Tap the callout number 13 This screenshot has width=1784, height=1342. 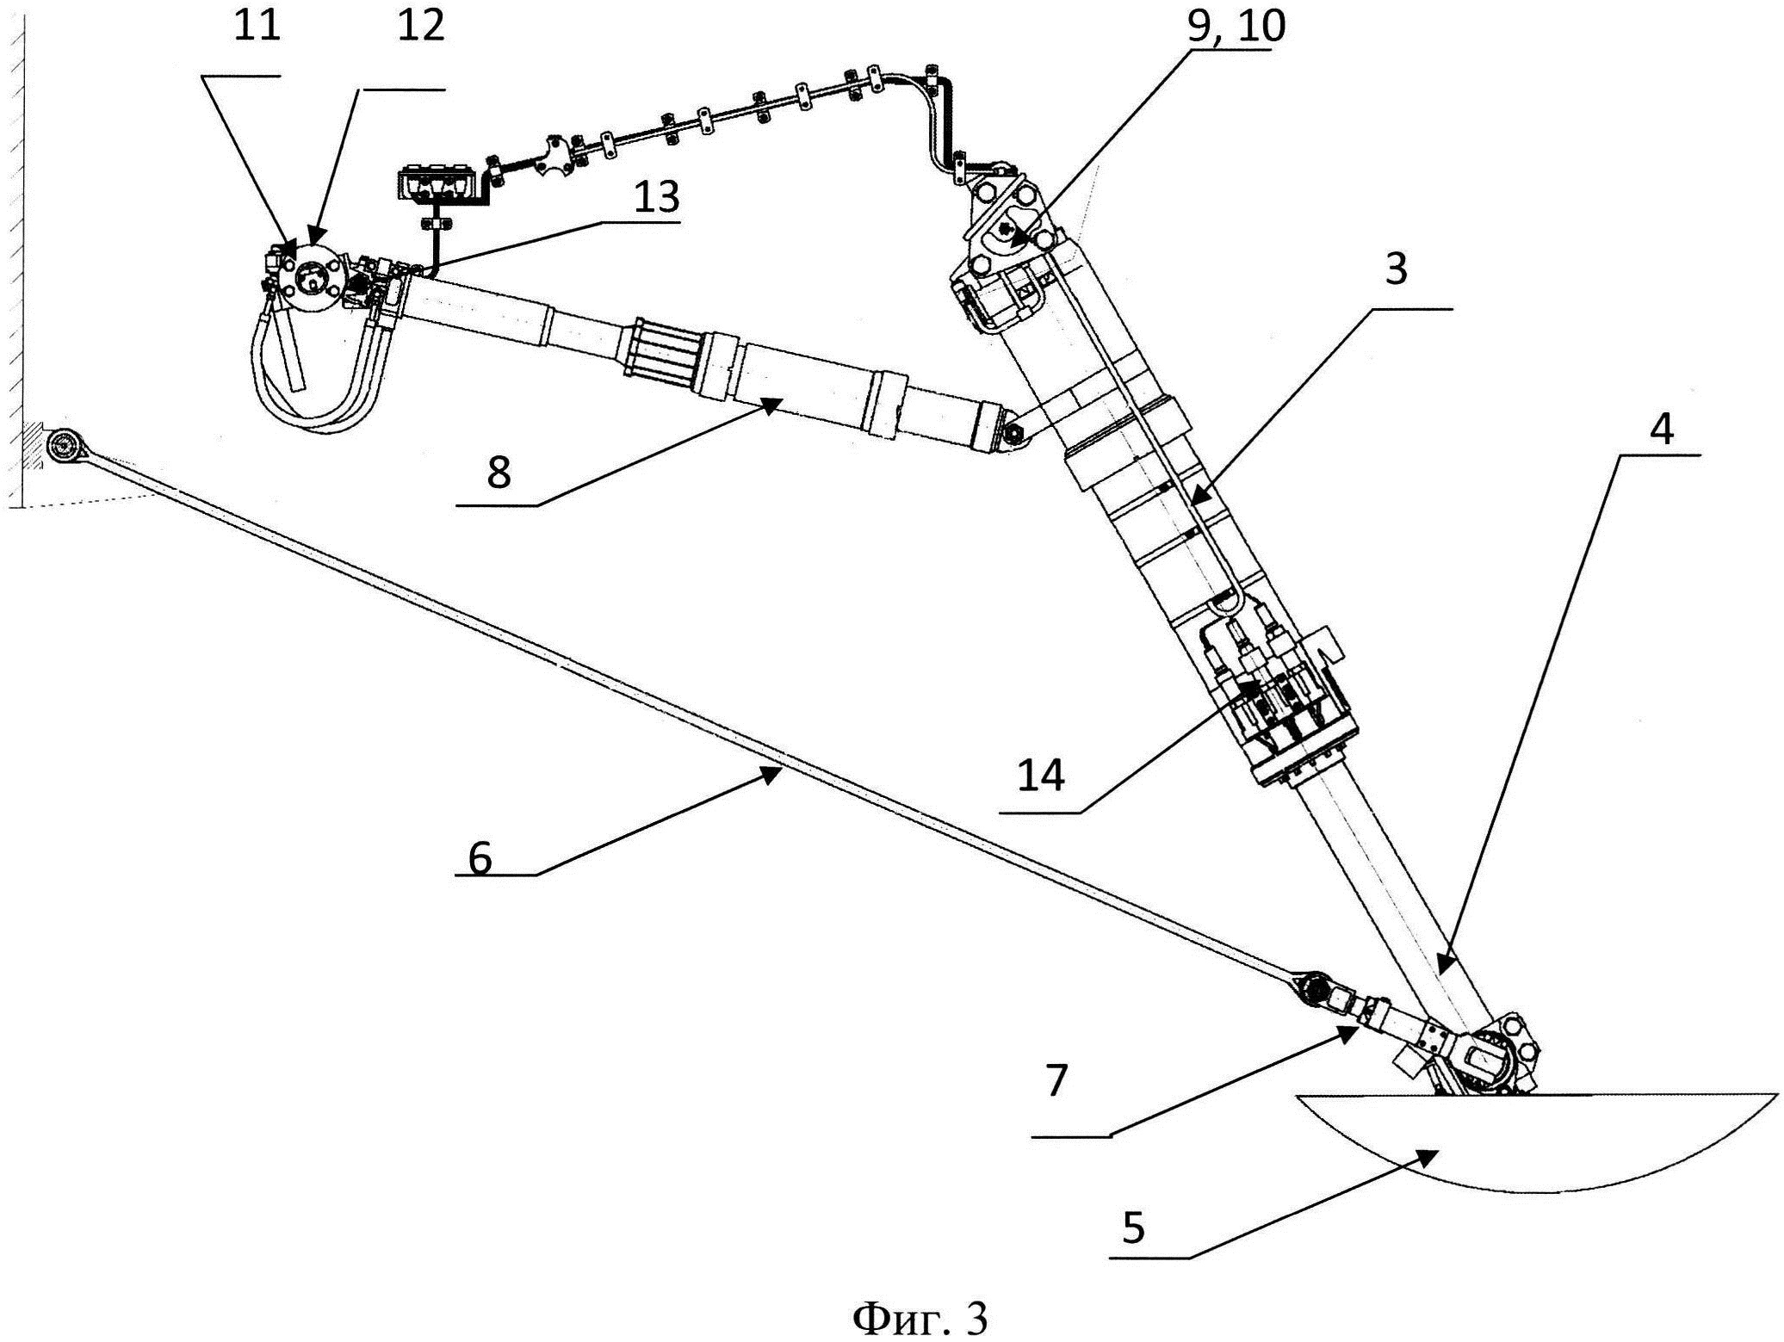point(656,197)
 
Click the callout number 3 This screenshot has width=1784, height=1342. point(1397,269)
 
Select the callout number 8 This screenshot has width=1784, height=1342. point(499,473)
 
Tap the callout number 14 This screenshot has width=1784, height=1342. point(1041,776)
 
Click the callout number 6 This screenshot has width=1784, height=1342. point(480,858)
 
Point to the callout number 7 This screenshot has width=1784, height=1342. point(1057,1080)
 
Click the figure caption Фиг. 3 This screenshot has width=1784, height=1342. point(920,1316)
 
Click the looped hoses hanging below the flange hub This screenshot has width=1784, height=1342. point(327,379)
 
